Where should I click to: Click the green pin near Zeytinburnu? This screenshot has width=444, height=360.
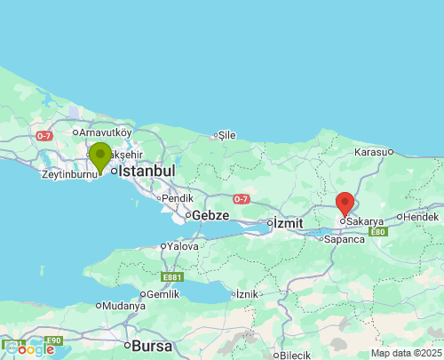tap(99, 156)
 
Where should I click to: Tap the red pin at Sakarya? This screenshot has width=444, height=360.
tap(345, 204)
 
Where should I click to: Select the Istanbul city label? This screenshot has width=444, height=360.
tap(147, 170)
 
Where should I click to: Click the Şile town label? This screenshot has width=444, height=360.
tap(226, 135)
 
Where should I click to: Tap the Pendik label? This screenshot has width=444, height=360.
tap(178, 197)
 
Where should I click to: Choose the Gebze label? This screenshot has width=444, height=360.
tap(211, 215)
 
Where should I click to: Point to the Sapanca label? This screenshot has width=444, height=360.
tap(345, 239)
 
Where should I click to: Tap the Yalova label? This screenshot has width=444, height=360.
tap(183, 245)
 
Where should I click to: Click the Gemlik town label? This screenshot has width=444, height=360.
tap(163, 293)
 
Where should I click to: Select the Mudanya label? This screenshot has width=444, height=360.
tap(123, 306)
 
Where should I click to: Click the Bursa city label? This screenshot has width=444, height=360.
tap(150, 345)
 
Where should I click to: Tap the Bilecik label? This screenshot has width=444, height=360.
tap(295, 355)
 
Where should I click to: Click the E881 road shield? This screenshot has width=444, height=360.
tap(173, 277)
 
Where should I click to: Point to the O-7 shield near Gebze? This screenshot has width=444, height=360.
tap(242, 199)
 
